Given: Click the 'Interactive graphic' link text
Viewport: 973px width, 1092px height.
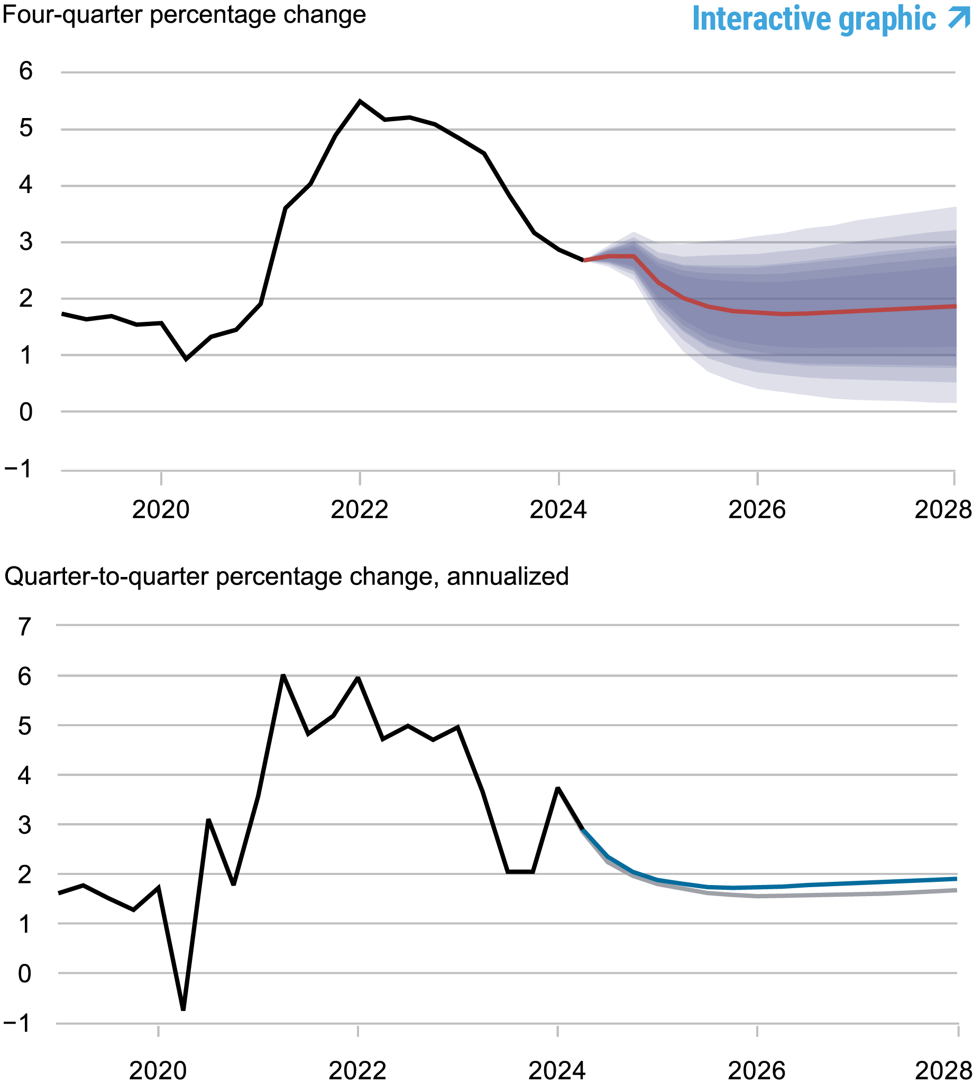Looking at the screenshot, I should pos(814,19).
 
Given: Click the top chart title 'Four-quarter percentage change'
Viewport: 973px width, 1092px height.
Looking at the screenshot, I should pos(184,15).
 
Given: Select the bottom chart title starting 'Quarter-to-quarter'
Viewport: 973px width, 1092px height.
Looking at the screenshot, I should pos(286,577).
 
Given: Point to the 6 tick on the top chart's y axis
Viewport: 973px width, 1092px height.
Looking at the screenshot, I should pos(26,71).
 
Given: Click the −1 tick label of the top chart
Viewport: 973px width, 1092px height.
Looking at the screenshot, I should pos(18,469).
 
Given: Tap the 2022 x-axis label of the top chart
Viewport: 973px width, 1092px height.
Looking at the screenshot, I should pos(359,510).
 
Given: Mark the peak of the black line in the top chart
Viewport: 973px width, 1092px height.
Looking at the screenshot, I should pos(360,101).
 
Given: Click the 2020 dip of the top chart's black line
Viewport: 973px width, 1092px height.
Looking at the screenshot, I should pos(186,359).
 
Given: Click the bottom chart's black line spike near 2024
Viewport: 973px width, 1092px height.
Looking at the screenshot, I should pos(557,789).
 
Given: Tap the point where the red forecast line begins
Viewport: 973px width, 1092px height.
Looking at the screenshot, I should pos(584,260).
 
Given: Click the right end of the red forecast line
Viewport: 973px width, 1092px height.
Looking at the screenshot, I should pos(956,306).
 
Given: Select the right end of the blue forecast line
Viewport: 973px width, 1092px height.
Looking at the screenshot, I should pos(956,879).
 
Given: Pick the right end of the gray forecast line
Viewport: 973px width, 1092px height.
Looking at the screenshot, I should pos(956,890).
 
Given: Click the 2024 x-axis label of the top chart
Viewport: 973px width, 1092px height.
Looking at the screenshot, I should pos(558,510).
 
